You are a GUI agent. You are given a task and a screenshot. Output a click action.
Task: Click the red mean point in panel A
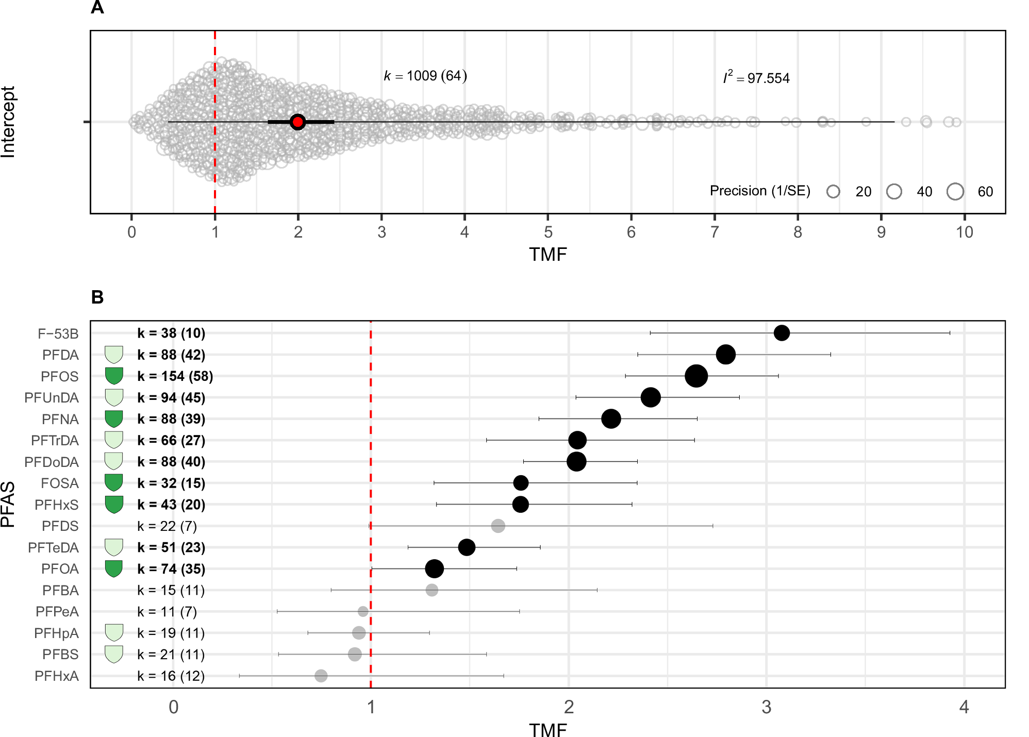(297, 122)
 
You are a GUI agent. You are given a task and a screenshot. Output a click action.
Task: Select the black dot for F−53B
(782, 333)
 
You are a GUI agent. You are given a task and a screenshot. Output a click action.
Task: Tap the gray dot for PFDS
(498, 526)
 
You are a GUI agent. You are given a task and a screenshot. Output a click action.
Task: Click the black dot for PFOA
(434, 569)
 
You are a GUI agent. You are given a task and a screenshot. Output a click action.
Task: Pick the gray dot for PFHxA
(321, 676)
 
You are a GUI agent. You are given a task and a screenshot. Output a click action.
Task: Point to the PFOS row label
(59, 377)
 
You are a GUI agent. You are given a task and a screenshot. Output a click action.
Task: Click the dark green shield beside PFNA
(114, 418)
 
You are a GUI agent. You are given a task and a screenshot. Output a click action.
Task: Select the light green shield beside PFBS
(114, 654)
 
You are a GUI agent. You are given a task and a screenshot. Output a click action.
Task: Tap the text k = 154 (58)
(175, 376)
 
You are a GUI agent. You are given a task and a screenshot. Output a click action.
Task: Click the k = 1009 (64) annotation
(425, 76)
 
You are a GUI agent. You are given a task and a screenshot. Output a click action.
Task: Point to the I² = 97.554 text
(756, 78)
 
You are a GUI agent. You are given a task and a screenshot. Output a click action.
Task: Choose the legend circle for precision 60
(955, 192)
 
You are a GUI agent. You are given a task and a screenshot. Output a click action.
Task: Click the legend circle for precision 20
(833, 192)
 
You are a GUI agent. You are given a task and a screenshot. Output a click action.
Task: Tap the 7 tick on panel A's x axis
(715, 232)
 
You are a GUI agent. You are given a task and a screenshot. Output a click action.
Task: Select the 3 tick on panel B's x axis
(766, 707)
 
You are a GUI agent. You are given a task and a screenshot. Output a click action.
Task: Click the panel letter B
(97, 297)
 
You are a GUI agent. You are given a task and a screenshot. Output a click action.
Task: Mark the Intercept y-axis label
(8, 122)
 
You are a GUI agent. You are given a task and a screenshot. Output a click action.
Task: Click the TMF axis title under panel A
(547, 255)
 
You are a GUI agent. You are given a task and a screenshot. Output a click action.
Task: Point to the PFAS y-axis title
(8, 504)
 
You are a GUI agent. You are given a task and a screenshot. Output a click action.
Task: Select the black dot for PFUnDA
(651, 397)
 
